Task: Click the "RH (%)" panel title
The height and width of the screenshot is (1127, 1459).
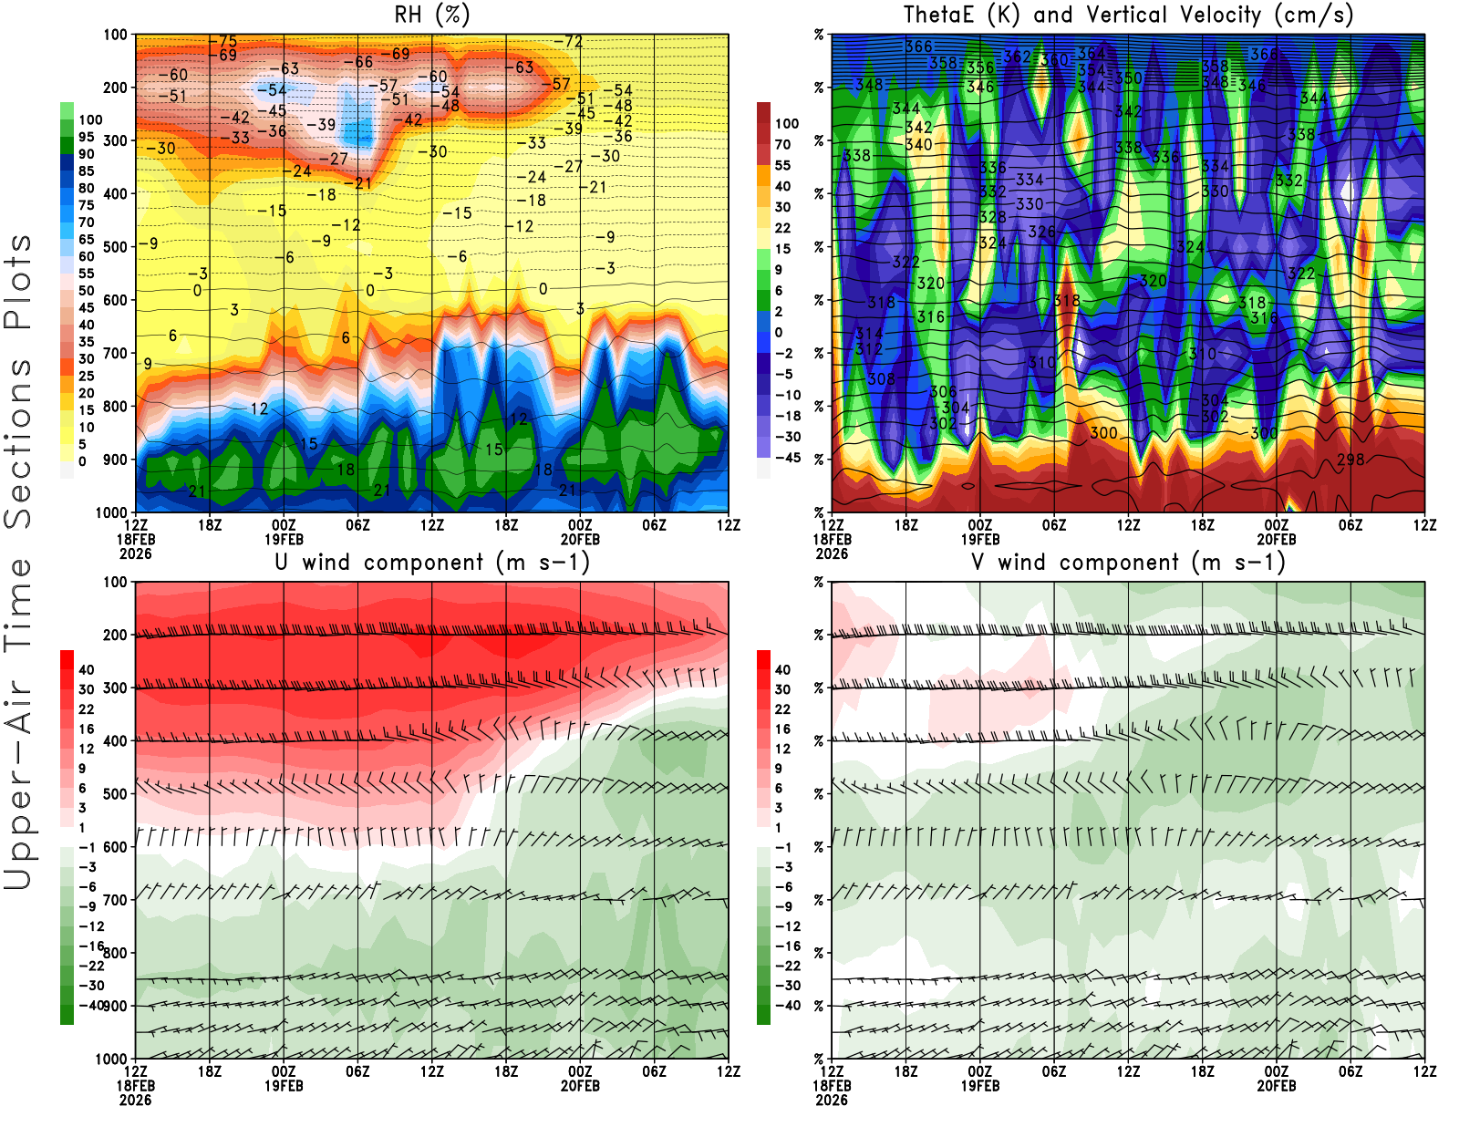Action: point(432,15)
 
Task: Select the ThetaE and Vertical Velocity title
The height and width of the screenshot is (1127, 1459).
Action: point(1128,15)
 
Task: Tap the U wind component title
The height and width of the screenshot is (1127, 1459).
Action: point(432,563)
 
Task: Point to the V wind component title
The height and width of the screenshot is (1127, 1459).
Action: point(1128,563)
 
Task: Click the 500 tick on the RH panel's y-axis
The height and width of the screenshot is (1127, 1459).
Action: point(116,247)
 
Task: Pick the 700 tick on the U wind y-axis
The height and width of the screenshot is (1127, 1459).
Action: point(116,900)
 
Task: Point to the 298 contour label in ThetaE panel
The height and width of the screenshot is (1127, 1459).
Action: point(1350,459)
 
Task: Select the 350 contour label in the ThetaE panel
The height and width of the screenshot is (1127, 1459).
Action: point(1129,78)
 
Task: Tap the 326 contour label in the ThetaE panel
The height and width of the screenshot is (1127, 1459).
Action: point(1041,232)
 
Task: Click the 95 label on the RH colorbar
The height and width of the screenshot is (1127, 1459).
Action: point(86,137)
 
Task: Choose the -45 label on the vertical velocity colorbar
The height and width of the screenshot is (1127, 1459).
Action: point(788,458)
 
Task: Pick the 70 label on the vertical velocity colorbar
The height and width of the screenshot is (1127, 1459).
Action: point(782,144)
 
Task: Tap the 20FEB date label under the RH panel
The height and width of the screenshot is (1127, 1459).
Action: point(580,539)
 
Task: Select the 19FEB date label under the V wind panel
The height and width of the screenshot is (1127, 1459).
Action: point(980,1086)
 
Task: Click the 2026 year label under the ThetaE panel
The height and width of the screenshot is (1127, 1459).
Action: point(832,553)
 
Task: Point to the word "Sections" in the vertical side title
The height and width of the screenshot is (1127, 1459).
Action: point(18,442)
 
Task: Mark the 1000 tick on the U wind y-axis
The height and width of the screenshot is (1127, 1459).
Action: point(112,1059)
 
